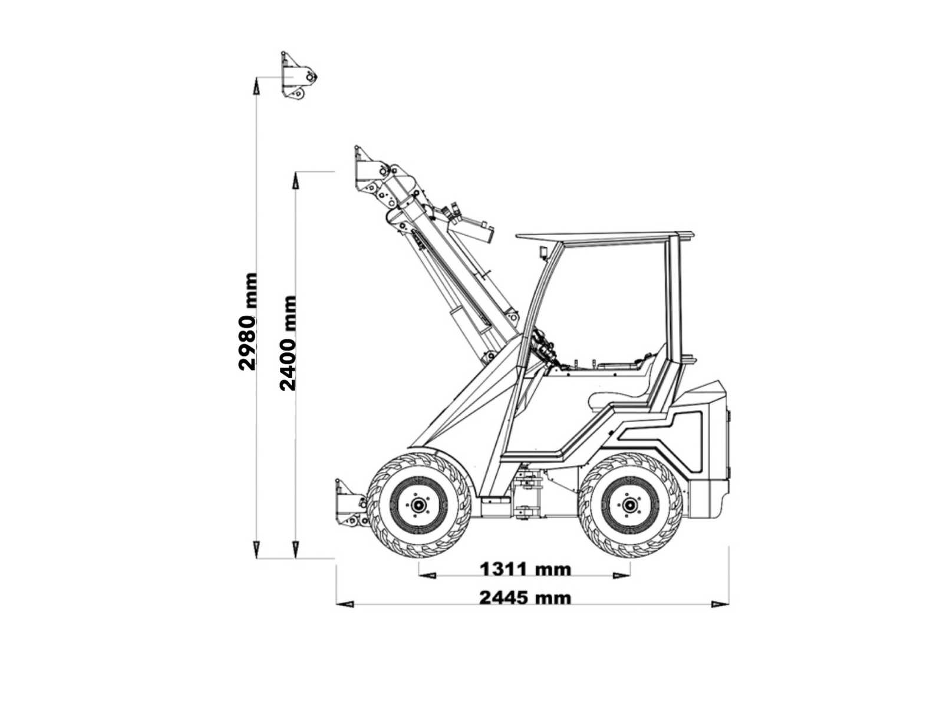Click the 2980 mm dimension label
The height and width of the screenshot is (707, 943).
[248, 321]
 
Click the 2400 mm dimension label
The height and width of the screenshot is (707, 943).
[288, 343]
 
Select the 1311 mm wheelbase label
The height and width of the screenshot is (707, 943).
[525, 569]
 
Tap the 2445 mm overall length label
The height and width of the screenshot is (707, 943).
[525, 597]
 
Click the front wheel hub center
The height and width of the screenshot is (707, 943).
[418, 506]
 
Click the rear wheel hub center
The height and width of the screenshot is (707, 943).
[630, 506]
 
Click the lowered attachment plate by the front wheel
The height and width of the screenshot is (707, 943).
[351, 504]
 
